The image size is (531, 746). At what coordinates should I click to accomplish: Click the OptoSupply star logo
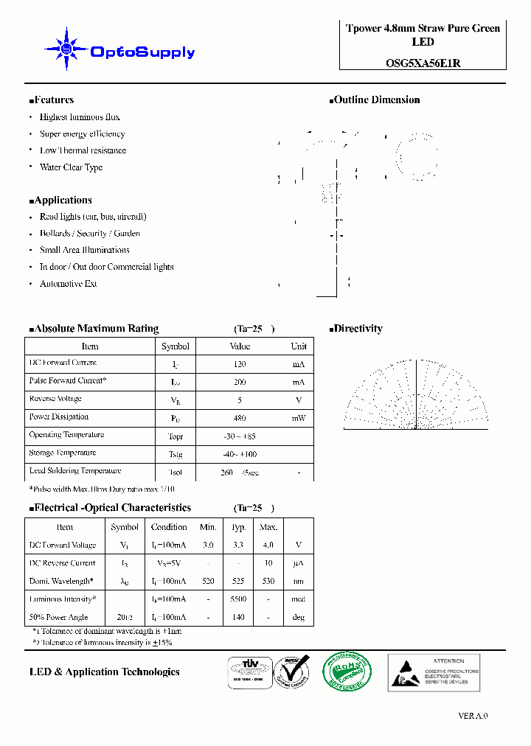click(x=66, y=49)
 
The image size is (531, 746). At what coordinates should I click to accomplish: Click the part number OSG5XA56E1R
click(x=423, y=63)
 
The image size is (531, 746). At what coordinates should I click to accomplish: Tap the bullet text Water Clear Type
click(x=71, y=167)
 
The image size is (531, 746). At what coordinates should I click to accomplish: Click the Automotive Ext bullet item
click(x=68, y=284)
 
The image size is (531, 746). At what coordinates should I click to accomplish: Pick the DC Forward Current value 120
click(x=239, y=364)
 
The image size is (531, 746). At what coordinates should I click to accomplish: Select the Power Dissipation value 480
click(x=239, y=418)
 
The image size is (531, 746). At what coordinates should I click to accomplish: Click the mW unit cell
click(x=298, y=418)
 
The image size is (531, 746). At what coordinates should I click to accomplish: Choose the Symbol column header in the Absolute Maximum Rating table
click(x=176, y=346)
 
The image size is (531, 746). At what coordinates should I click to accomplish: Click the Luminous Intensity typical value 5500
click(x=238, y=599)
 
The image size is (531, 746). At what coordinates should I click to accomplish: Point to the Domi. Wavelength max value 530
click(x=268, y=582)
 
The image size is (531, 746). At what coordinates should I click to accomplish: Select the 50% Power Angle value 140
click(x=238, y=618)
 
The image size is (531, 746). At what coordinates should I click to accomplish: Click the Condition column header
click(x=169, y=527)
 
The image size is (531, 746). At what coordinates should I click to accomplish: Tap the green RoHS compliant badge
click(x=347, y=672)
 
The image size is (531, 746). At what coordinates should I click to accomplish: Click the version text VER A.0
click(x=473, y=716)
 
